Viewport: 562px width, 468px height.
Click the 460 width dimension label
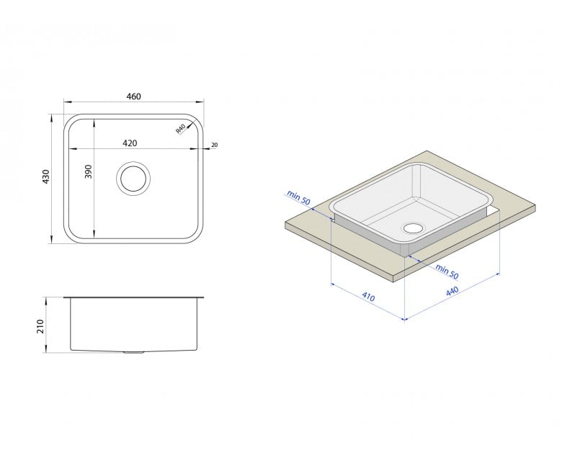[134, 96]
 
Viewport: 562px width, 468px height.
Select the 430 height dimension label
[46, 177]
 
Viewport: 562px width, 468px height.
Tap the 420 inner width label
[130, 143]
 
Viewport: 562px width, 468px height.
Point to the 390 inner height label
[89, 171]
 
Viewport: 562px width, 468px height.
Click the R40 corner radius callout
[180, 129]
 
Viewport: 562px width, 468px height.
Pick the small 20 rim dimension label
[214, 145]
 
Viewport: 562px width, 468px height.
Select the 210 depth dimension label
[40, 327]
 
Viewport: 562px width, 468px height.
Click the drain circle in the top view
[133, 179]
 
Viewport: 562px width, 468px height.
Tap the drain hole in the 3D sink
[414, 228]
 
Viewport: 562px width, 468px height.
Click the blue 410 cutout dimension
[368, 297]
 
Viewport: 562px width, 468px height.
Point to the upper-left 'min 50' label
[298, 198]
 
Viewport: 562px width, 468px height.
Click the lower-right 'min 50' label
[447, 271]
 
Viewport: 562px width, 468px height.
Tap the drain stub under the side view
[133, 353]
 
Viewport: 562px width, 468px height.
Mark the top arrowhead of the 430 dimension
[52, 117]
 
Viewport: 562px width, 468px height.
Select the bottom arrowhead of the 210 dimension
[46, 349]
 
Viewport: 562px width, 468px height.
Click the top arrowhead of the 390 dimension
[94, 123]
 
